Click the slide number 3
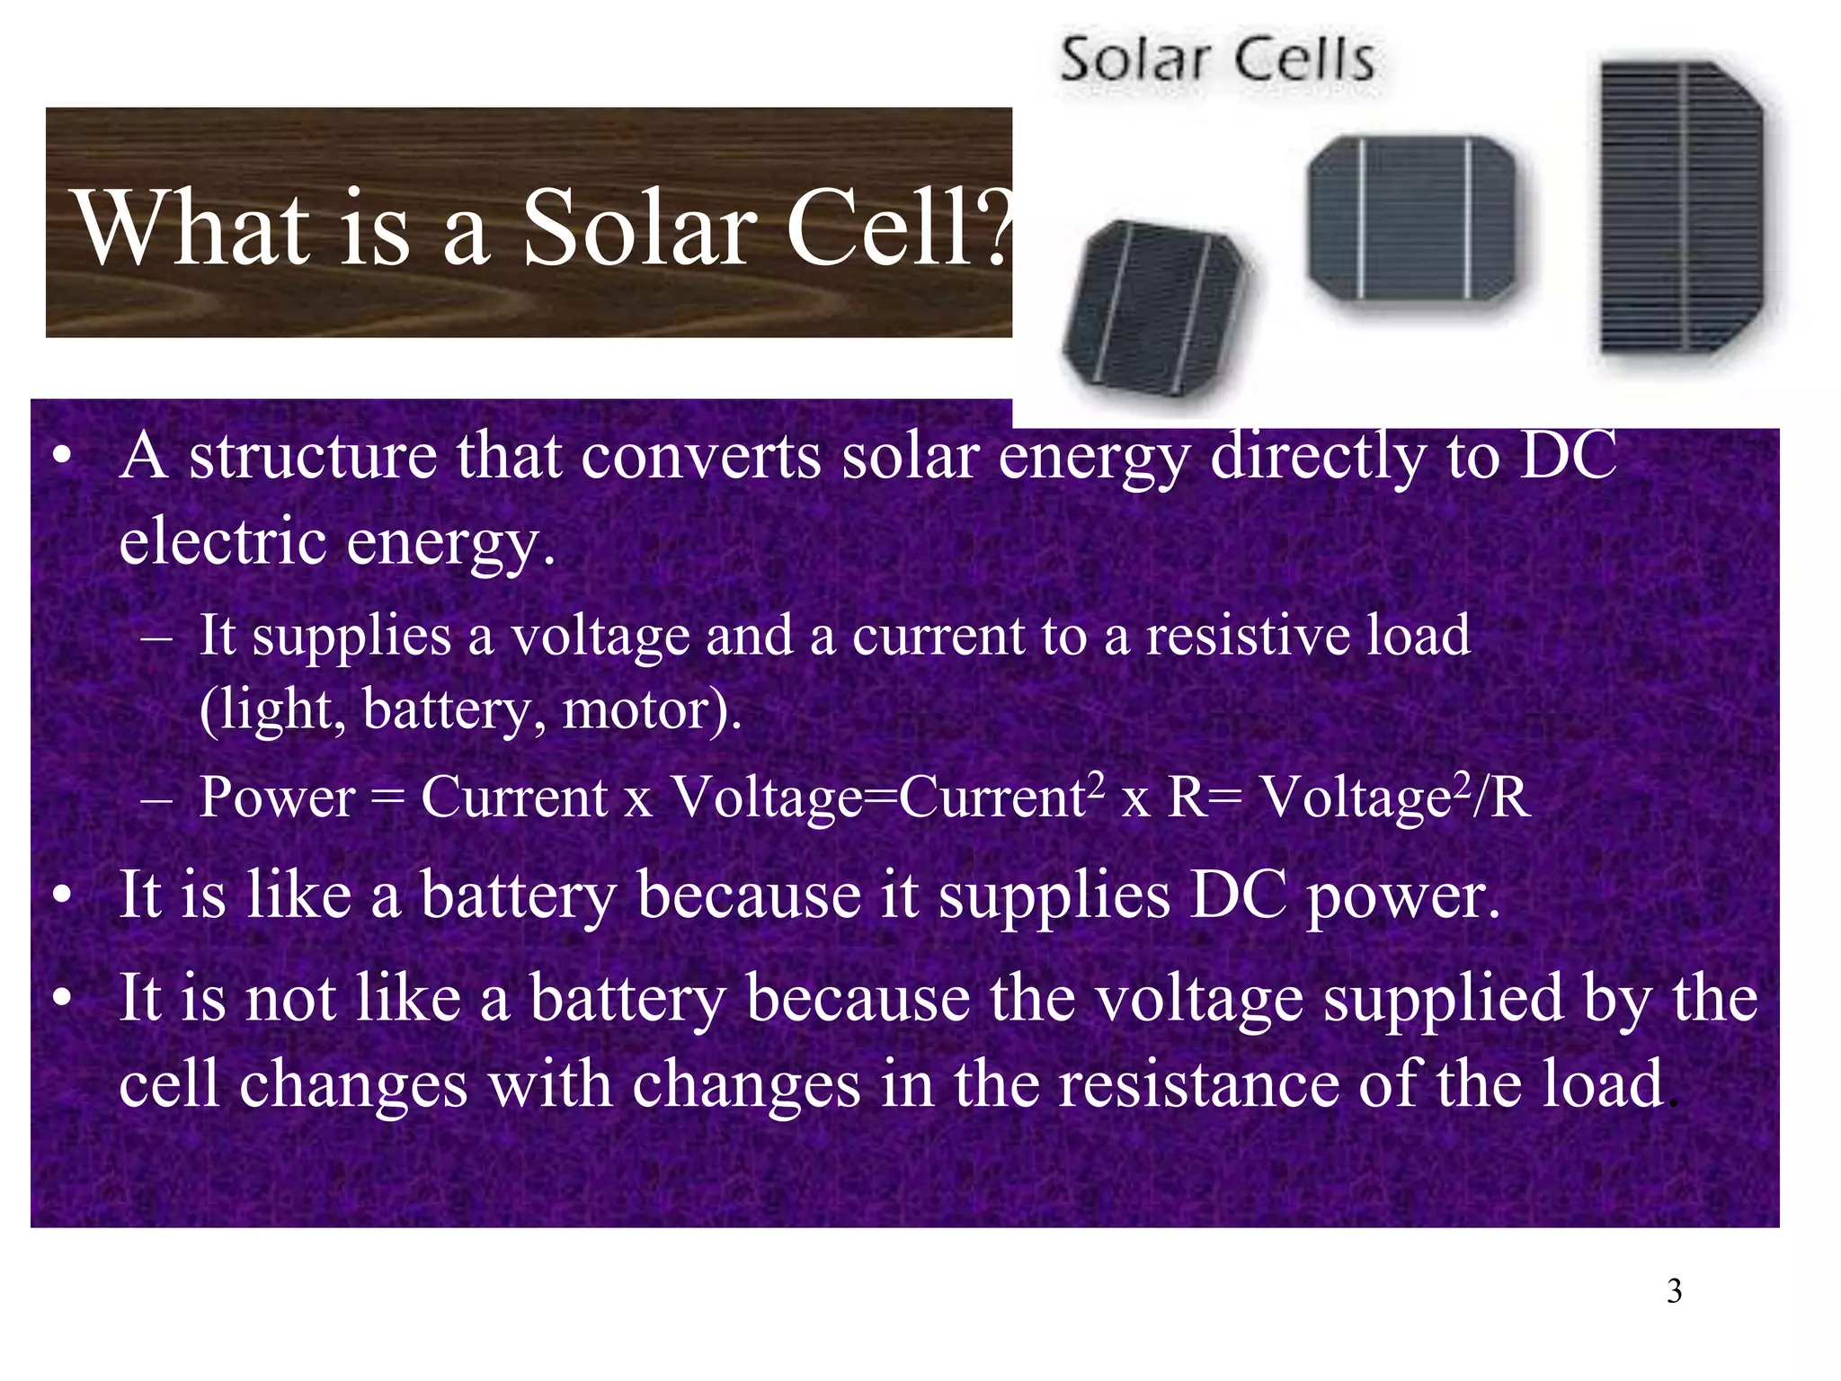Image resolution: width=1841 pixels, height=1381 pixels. (x=1674, y=1291)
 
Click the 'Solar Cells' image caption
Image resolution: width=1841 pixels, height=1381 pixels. (x=1217, y=61)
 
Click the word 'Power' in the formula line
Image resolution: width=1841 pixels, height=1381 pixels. (x=277, y=797)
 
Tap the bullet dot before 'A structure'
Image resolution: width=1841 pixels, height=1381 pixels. (x=61, y=457)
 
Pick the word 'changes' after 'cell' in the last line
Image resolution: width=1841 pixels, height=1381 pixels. (x=352, y=1084)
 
